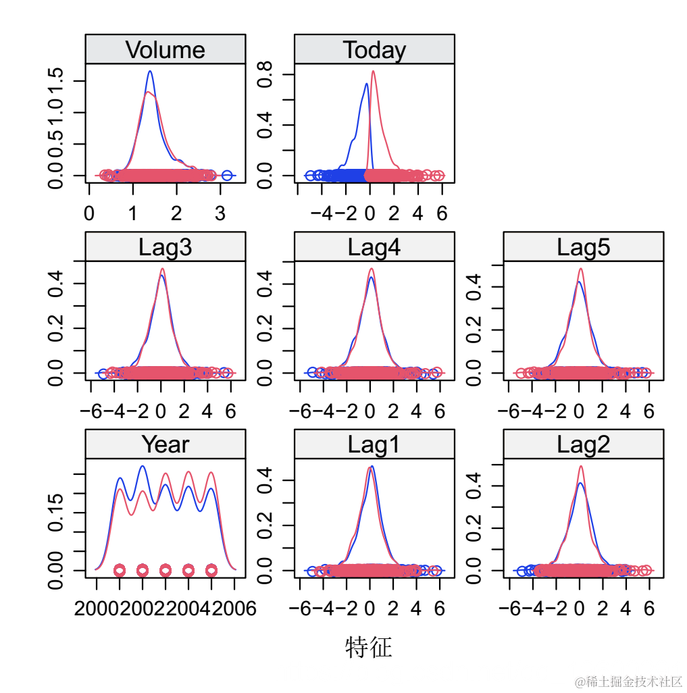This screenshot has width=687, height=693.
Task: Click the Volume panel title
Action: click(165, 50)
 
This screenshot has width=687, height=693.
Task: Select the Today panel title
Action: click(374, 50)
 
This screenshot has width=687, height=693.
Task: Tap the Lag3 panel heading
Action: click(165, 247)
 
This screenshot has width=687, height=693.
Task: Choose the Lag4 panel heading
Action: click(374, 247)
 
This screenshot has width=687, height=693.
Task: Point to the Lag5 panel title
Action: click(583, 247)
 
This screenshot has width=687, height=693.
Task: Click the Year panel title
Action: click(165, 444)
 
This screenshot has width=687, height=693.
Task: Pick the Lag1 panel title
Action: click(374, 444)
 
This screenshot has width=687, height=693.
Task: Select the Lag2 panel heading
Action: click(583, 444)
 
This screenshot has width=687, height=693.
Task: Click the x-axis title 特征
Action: click(368, 647)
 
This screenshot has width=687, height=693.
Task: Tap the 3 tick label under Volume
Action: click(220, 214)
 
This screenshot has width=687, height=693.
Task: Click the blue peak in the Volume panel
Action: click(150, 72)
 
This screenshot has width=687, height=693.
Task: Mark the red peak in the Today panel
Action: click(374, 72)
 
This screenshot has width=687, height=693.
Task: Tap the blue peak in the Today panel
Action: click(366, 84)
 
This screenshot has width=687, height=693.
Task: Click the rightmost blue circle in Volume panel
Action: click(227, 176)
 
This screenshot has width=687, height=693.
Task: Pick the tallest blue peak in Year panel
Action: click(143, 466)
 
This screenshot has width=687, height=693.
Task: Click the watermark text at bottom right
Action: click(628, 681)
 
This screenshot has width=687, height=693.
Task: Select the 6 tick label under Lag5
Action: click(649, 411)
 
